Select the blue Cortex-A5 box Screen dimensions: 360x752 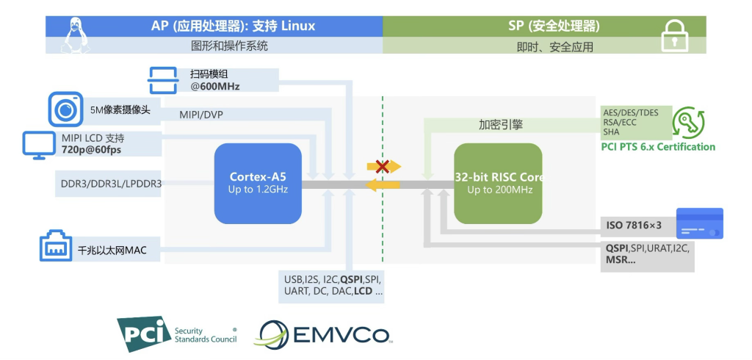point(258,184)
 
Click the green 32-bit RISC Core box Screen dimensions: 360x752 point(498,184)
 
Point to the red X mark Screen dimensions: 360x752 point(382,167)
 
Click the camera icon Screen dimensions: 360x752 point(64,109)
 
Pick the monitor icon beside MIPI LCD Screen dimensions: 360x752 point(36,144)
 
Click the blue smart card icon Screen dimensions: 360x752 point(699,223)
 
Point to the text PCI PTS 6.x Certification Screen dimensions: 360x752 point(659,147)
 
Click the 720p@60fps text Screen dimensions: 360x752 point(91,149)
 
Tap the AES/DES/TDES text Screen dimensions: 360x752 point(630,112)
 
